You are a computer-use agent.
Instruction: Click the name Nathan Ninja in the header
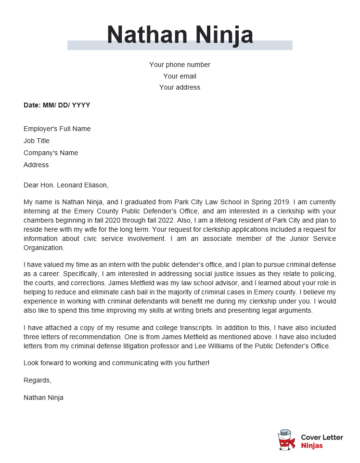(x=180, y=32)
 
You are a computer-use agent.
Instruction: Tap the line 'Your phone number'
(x=180, y=64)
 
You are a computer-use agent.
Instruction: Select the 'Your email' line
(x=180, y=75)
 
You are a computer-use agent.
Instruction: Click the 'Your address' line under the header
(x=180, y=87)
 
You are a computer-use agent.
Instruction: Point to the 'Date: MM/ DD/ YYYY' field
(x=56, y=105)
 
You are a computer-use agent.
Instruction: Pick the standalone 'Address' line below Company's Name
(x=36, y=165)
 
